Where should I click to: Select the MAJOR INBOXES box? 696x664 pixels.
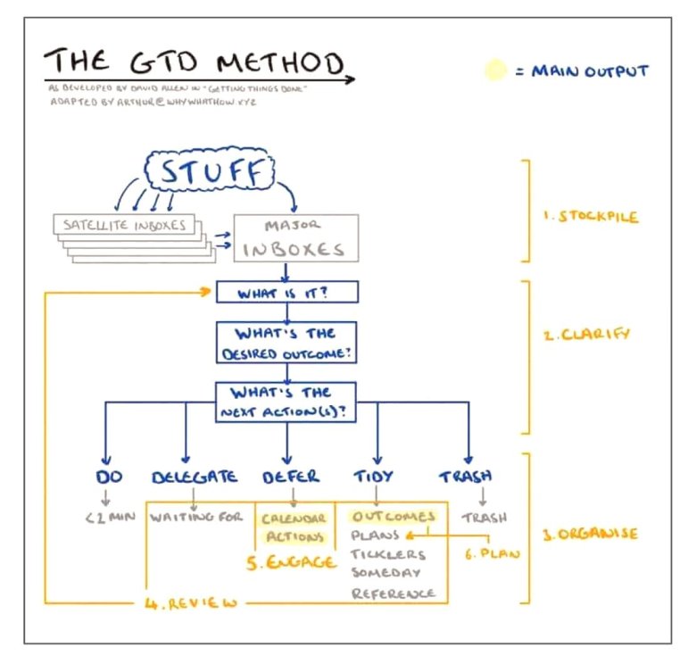[295, 237]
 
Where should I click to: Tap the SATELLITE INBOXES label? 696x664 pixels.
[124, 225]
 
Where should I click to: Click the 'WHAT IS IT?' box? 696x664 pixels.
[286, 293]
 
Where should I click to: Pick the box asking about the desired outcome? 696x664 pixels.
[286, 342]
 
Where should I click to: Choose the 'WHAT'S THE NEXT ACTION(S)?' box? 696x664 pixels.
[286, 401]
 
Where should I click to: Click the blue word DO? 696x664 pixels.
[109, 477]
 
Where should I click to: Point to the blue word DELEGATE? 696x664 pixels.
[195, 477]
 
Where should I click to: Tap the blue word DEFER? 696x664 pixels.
[291, 477]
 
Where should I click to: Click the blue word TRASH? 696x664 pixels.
[465, 477]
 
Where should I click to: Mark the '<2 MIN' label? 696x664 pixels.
[109, 517]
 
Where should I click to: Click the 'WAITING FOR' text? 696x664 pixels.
[196, 517]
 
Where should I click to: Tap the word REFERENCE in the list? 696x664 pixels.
[393, 593]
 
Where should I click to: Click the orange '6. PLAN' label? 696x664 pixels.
[490, 553]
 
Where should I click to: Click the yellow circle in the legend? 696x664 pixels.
[494, 71]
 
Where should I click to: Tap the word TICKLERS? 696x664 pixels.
[388, 554]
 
